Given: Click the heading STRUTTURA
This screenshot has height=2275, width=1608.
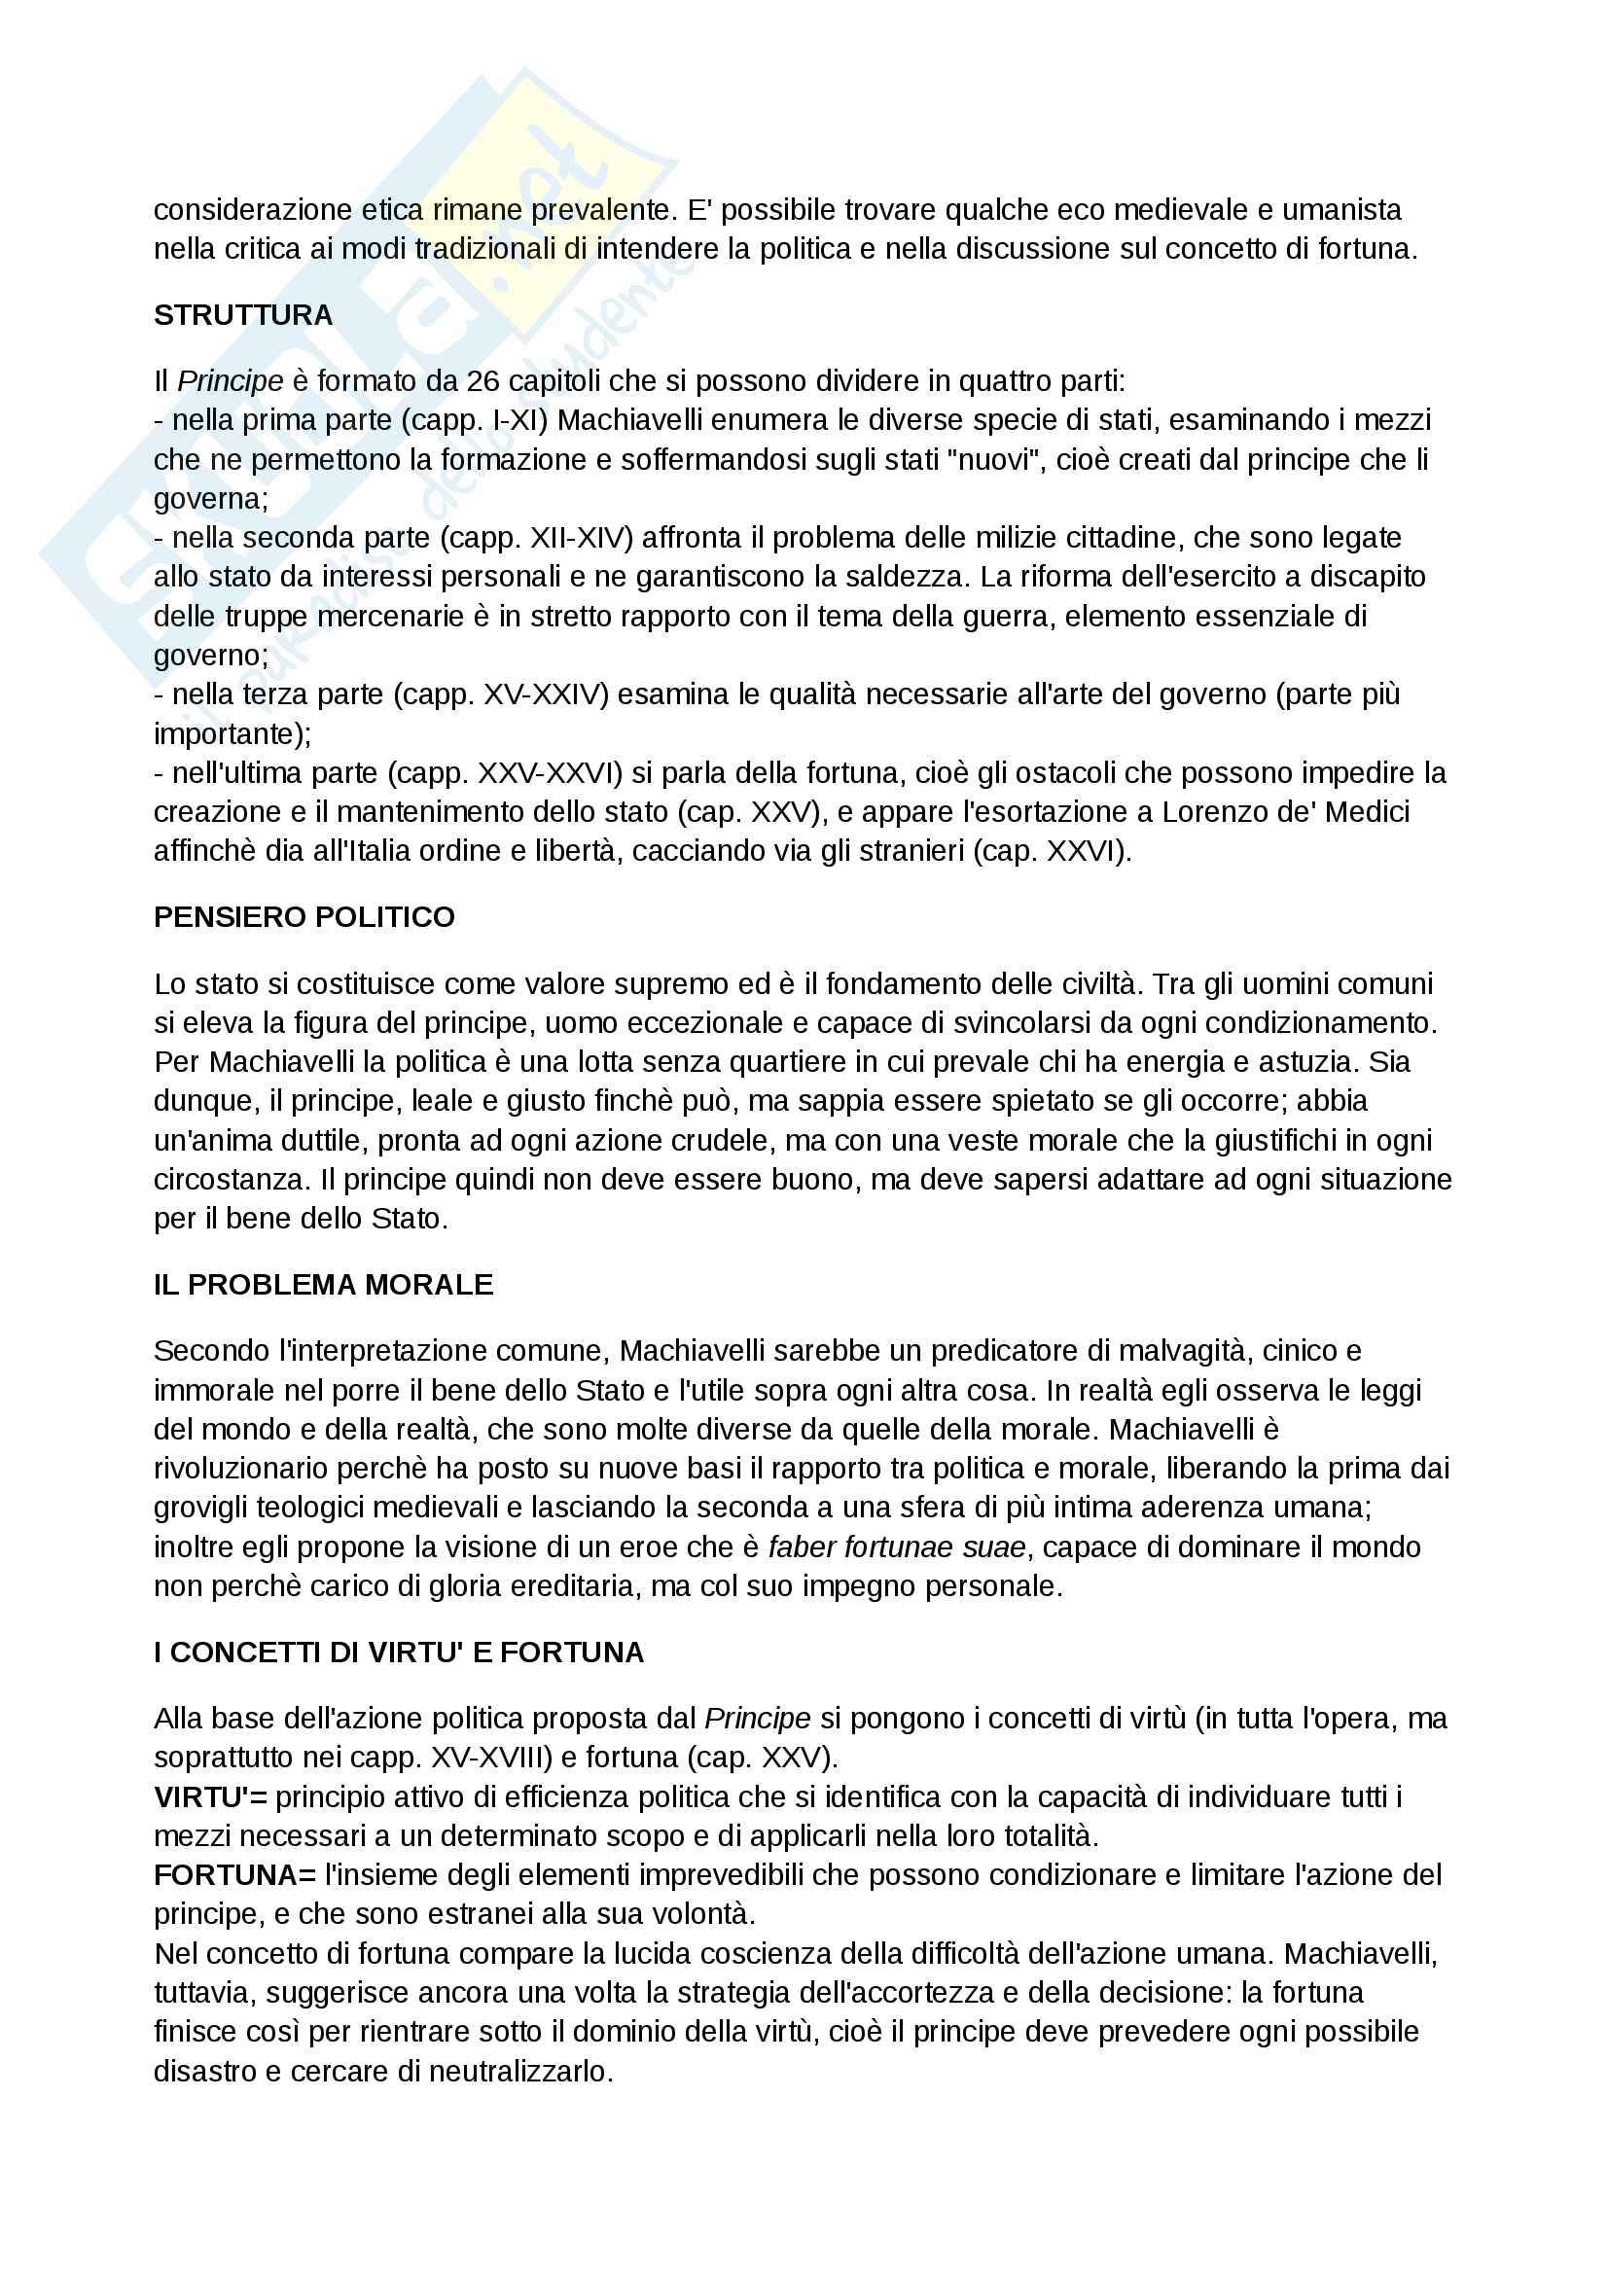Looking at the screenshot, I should pos(243,315).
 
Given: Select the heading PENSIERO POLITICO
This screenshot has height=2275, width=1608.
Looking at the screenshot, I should pos(304,917).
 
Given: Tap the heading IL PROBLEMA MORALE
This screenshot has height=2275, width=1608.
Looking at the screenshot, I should pos(323,1285).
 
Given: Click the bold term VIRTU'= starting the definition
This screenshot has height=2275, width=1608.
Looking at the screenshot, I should pos(210,1797).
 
